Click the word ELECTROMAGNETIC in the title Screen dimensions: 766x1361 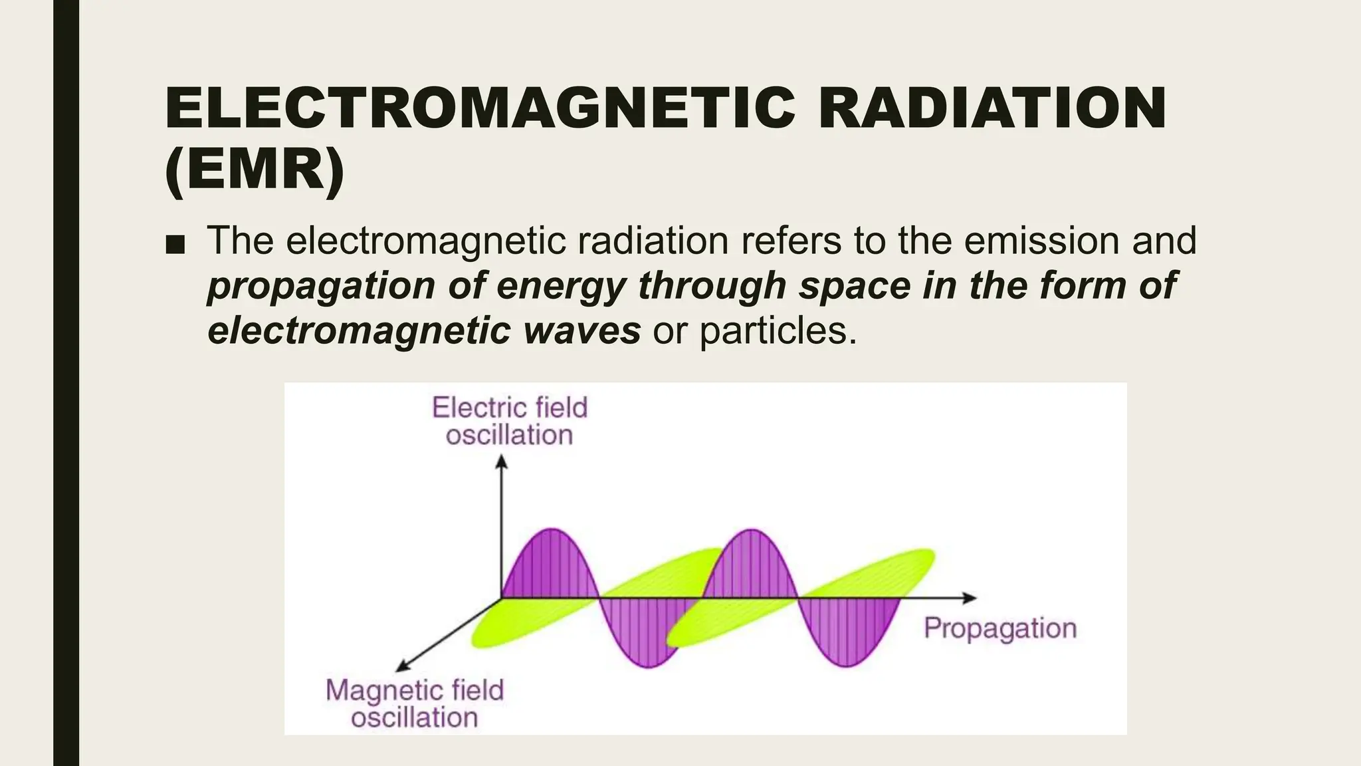480,108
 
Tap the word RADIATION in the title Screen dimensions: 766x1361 992,108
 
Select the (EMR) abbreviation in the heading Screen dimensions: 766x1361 255,170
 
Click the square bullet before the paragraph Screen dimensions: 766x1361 175,245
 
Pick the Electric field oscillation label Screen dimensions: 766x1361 510,421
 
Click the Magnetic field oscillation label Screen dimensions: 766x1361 415,703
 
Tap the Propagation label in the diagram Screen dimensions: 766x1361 999,628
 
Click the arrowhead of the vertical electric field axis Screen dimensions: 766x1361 502,460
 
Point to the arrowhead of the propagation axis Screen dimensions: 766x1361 971,598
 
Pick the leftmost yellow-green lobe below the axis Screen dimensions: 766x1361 505,628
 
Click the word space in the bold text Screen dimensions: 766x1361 854,286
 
